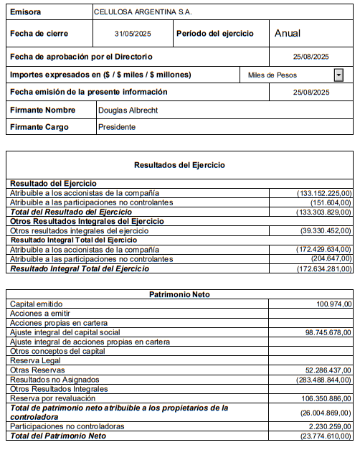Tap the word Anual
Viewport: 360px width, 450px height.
click(288, 33)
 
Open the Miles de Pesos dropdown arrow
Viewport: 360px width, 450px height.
click(338, 75)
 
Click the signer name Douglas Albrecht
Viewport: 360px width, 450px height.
click(128, 110)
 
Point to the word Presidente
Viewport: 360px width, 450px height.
click(117, 127)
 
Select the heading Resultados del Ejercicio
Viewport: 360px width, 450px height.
click(179, 165)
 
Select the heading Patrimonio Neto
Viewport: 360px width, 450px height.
click(179, 295)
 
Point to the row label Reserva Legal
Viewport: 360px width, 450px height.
click(34, 360)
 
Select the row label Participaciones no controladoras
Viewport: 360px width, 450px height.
click(67, 426)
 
